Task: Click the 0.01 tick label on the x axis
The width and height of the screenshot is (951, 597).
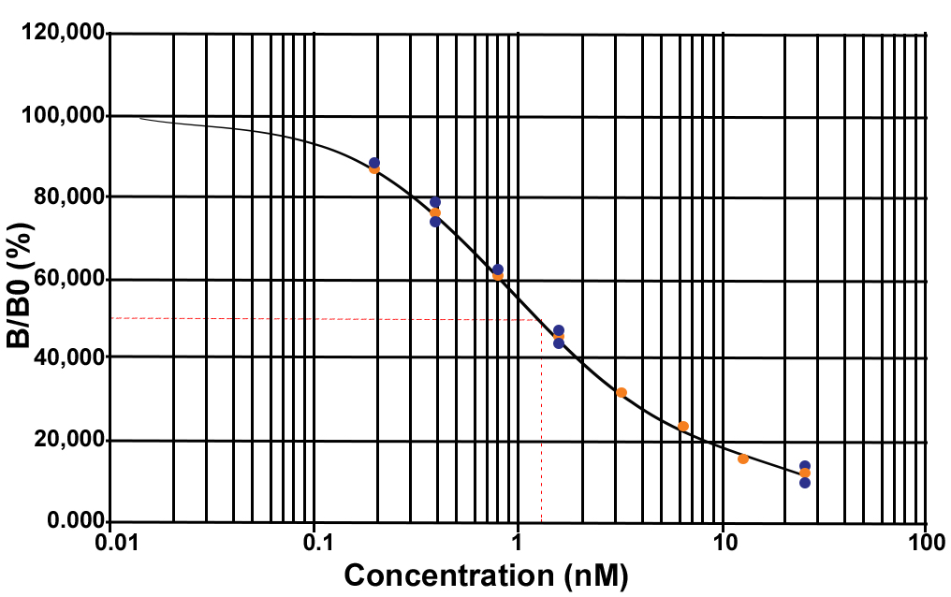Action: click(111, 542)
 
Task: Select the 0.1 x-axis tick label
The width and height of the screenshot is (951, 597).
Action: click(315, 542)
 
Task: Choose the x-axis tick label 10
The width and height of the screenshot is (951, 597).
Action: click(722, 542)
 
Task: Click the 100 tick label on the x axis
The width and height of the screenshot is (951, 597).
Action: click(925, 542)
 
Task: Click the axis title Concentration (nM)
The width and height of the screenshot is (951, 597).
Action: click(485, 574)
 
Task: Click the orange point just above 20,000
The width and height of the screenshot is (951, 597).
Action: click(683, 427)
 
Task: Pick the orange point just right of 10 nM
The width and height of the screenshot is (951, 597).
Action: click(743, 459)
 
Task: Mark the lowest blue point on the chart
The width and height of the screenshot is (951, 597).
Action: click(805, 483)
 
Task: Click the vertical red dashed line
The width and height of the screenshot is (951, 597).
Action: click(542, 421)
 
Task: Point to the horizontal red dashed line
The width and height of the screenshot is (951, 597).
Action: click(328, 319)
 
